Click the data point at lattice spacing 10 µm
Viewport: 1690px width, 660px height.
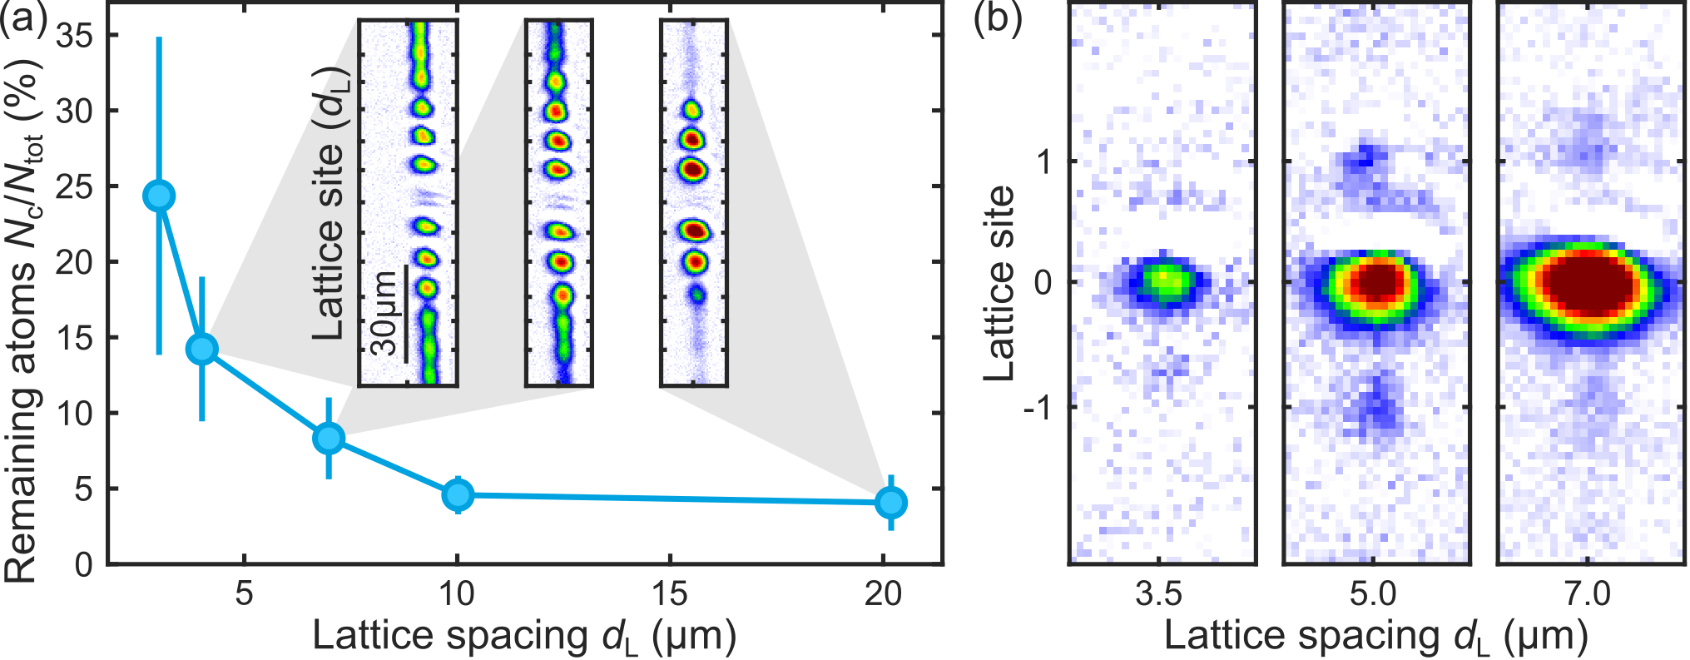[458, 495]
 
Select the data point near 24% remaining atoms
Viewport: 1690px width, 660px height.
[159, 196]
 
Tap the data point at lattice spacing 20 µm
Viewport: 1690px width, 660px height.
[891, 503]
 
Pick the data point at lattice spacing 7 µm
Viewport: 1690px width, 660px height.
[330, 438]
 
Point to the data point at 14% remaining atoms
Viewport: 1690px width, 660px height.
[202, 349]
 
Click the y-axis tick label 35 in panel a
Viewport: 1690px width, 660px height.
[75, 36]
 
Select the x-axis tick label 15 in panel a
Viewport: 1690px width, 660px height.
[670, 594]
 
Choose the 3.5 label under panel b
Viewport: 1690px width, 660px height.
[1158, 594]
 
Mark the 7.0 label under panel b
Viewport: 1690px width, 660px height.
[1588, 594]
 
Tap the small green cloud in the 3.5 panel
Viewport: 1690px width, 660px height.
[1163, 280]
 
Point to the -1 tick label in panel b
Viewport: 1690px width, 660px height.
[1037, 407]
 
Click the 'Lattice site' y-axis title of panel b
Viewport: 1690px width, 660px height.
[1000, 283]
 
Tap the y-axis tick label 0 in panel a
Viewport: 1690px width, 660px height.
[84, 565]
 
